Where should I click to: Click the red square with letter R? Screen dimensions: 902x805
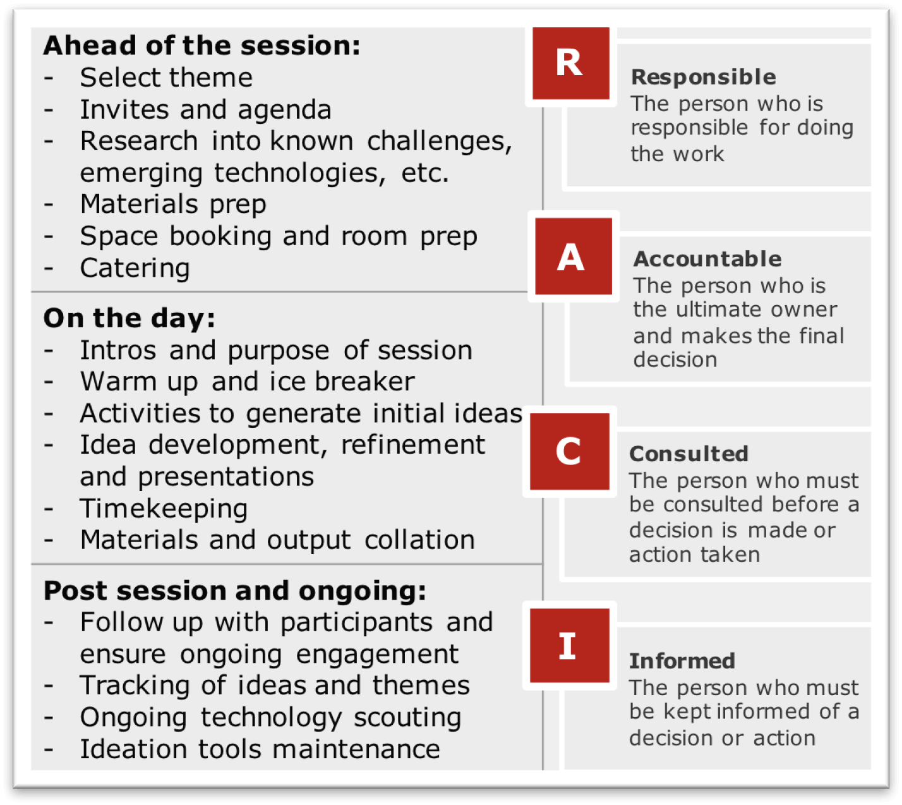pos(570,63)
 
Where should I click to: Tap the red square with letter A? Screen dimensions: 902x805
pos(574,256)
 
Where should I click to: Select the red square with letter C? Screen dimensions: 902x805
pos(569,451)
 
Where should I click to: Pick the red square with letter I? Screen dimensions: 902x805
pos(569,646)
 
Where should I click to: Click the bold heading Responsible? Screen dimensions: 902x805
pos(704,76)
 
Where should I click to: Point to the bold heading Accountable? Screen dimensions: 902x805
pos(707,259)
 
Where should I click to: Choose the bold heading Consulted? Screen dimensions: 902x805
pos(689,454)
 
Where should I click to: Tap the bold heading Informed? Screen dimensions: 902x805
pos(682,661)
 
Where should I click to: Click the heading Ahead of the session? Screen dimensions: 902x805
pos(201,45)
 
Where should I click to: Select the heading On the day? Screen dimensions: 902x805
pos(129,318)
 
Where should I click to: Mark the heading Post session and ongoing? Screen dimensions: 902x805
pos(234,591)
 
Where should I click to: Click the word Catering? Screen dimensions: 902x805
pos(135,268)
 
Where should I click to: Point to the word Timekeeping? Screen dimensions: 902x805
pos(164,509)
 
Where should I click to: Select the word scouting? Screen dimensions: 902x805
pos(407,718)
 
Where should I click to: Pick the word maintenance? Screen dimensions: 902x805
pos(356,749)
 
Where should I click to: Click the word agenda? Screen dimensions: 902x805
pos(284,110)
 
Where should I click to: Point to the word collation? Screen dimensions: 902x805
pos(420,540)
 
